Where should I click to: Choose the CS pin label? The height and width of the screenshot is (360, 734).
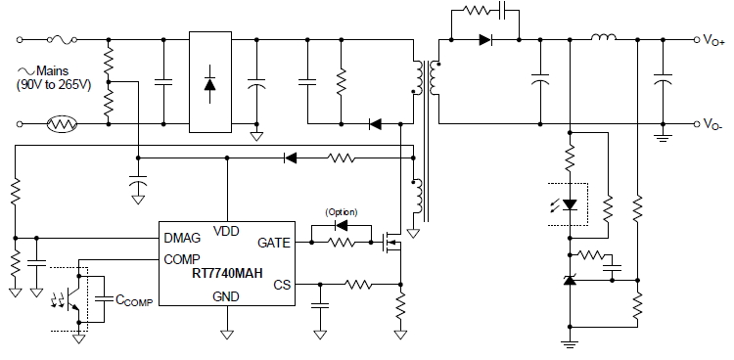[x=281, y=284]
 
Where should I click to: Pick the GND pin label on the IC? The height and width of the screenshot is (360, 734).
[x=226, y=295]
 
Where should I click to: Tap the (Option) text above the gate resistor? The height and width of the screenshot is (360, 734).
[x=340, y=212]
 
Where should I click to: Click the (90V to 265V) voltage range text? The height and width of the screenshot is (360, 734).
[x=54, y=85]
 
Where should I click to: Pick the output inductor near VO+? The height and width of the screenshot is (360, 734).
[x=601, y=39]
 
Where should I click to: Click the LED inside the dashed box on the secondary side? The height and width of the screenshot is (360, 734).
[x=570, y=206]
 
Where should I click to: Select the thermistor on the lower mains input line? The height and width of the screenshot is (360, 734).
[x=66, y=124]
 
